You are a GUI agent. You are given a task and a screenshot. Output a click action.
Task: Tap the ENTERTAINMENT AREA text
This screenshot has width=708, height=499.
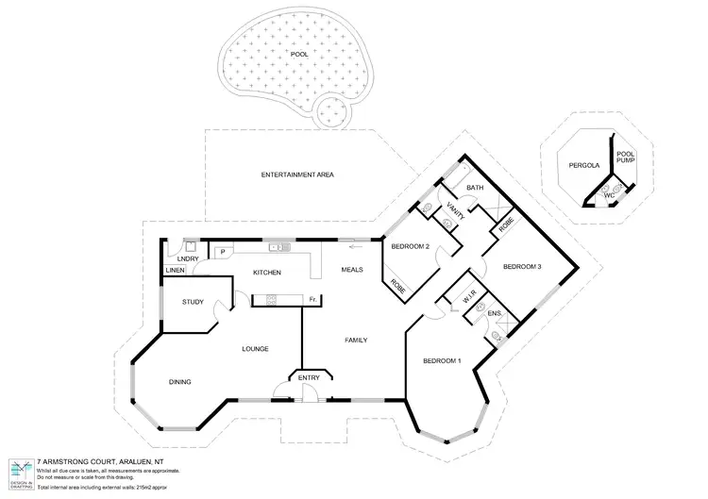pyautogui.click(x=297, y=175)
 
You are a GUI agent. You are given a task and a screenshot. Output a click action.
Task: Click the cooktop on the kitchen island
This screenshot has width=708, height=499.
pyautogui.click(x=270, y=300)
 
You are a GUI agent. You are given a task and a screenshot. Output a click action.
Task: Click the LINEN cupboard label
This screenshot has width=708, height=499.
pyautogui.click(x=175, y=271)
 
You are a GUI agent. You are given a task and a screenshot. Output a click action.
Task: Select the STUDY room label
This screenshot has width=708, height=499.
pyautogui.click(x=193, y=302)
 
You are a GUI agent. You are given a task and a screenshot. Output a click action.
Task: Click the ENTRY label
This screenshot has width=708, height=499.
pyautogui.click(x=309, y=377)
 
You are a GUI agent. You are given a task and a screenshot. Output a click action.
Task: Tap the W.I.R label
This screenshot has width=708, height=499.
pyautogui.click(x=467, y=302)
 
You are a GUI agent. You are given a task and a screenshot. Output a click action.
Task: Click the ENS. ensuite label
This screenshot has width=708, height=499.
pyautogui.click(x=494, y=313)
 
